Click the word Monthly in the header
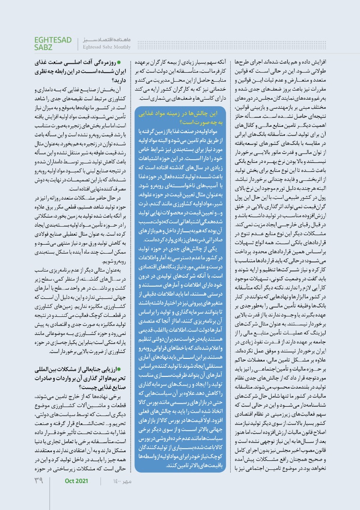120,47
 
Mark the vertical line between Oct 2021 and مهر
100,494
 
